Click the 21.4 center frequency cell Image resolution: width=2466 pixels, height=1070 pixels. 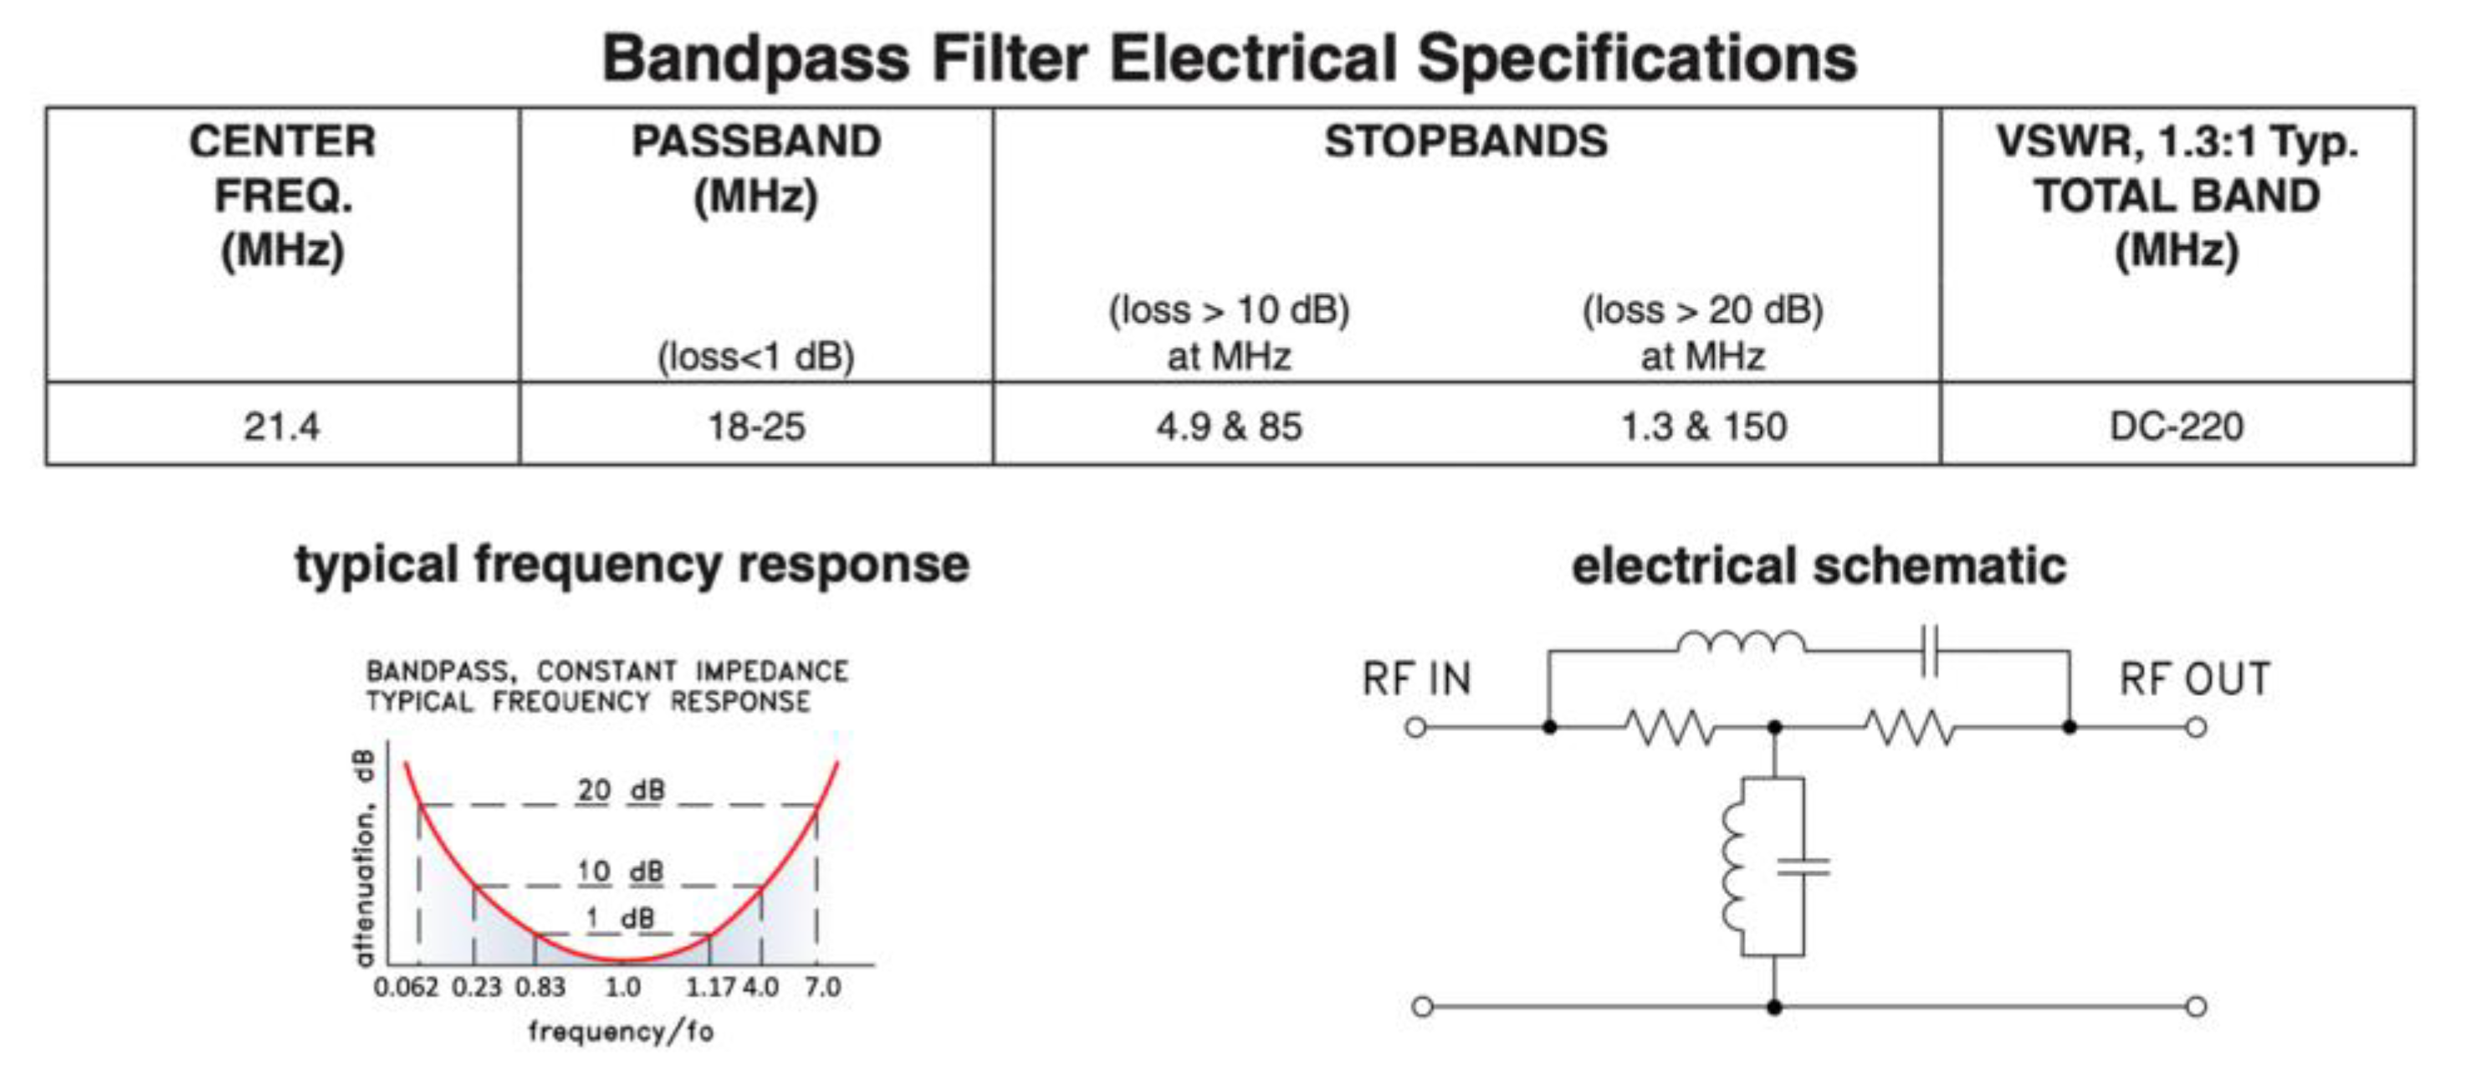point(281,426)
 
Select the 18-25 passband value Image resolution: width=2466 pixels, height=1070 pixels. point(756,426)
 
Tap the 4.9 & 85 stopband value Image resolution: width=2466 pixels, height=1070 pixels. point(1229,426)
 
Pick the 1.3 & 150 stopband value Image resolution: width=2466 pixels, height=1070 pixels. point(1703,426)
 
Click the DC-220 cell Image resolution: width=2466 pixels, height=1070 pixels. point(2176,426)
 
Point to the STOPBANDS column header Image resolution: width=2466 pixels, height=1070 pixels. point(1466,141)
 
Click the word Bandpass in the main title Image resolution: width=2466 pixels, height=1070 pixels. point(756,59)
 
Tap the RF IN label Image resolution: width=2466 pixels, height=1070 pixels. point(1416,679)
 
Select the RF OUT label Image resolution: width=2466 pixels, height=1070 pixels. point(2194,679)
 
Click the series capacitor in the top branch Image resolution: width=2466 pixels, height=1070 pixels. point(1931,651)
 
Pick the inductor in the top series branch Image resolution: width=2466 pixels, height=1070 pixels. point(1742,643)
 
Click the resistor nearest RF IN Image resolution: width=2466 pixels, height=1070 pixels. point(1670,727)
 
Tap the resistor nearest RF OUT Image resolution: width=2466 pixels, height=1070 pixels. point(1910,727)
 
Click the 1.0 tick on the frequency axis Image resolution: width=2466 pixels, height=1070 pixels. point(623,986)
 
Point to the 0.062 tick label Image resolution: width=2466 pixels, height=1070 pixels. point(406,986)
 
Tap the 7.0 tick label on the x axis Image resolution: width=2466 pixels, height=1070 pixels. point(822,986)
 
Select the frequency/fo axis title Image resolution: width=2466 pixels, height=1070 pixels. point(621,1032)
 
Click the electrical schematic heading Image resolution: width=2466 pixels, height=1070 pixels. point(1819,565)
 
